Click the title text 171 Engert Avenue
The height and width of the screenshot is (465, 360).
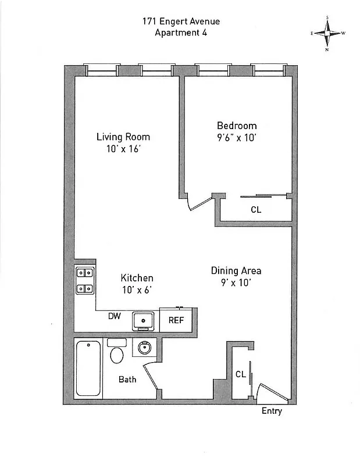point(181,22)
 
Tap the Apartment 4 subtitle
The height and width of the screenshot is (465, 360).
point(181,33)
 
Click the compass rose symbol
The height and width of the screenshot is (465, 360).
point(328,33)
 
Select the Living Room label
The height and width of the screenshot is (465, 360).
point(123,137)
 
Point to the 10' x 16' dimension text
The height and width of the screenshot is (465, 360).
point(123,149)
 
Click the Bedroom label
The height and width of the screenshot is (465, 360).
point(237,126)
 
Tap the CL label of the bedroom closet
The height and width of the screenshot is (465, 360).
point(256,210)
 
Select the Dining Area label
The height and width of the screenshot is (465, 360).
point(236,271)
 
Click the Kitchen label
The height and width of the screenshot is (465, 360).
point(137,278)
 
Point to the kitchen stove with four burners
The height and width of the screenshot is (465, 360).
point(85,280)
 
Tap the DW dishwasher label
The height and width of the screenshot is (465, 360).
point(115,317)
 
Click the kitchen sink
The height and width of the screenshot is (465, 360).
point(143,320)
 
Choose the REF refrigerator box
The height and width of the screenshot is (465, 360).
point(176,320)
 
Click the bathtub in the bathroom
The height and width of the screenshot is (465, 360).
point(88,369)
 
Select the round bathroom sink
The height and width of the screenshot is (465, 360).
point(143,349)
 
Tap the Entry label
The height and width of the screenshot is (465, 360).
point(272,412)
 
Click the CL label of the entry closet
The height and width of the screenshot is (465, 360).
point(241,374)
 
